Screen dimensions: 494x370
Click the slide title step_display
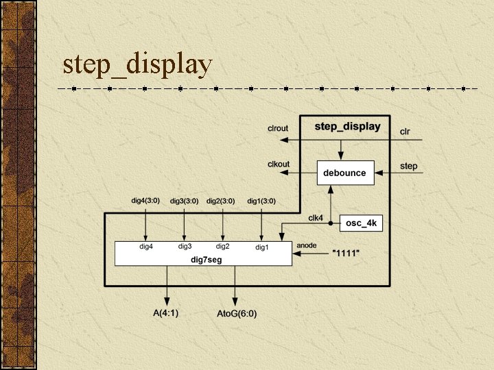click(137, 64)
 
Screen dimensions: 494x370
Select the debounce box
click(344, 173)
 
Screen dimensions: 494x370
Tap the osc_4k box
click(362, 223)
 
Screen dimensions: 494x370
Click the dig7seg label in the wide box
click(204, 260)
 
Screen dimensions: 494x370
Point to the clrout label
click(278, 128)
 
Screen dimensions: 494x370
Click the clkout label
click(278, 164)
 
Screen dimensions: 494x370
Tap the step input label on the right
click(408, 166)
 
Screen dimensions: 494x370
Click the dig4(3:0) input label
click(145, 201)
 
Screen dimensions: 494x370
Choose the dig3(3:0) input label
click(184, 201)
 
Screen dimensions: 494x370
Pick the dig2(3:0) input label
click(221, 201)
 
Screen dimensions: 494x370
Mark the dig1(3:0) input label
click(261, 201)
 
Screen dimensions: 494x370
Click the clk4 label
click(316, 218)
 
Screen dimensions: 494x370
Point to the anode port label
click(306, 245)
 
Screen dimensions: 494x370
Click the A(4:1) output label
click(165, 313)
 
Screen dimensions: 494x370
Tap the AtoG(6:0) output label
click(237, 314)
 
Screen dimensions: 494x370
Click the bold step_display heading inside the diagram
click(347, 127)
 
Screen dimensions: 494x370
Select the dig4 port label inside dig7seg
click(146, 246)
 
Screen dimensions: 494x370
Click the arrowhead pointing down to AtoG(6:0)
click(235, 302)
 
